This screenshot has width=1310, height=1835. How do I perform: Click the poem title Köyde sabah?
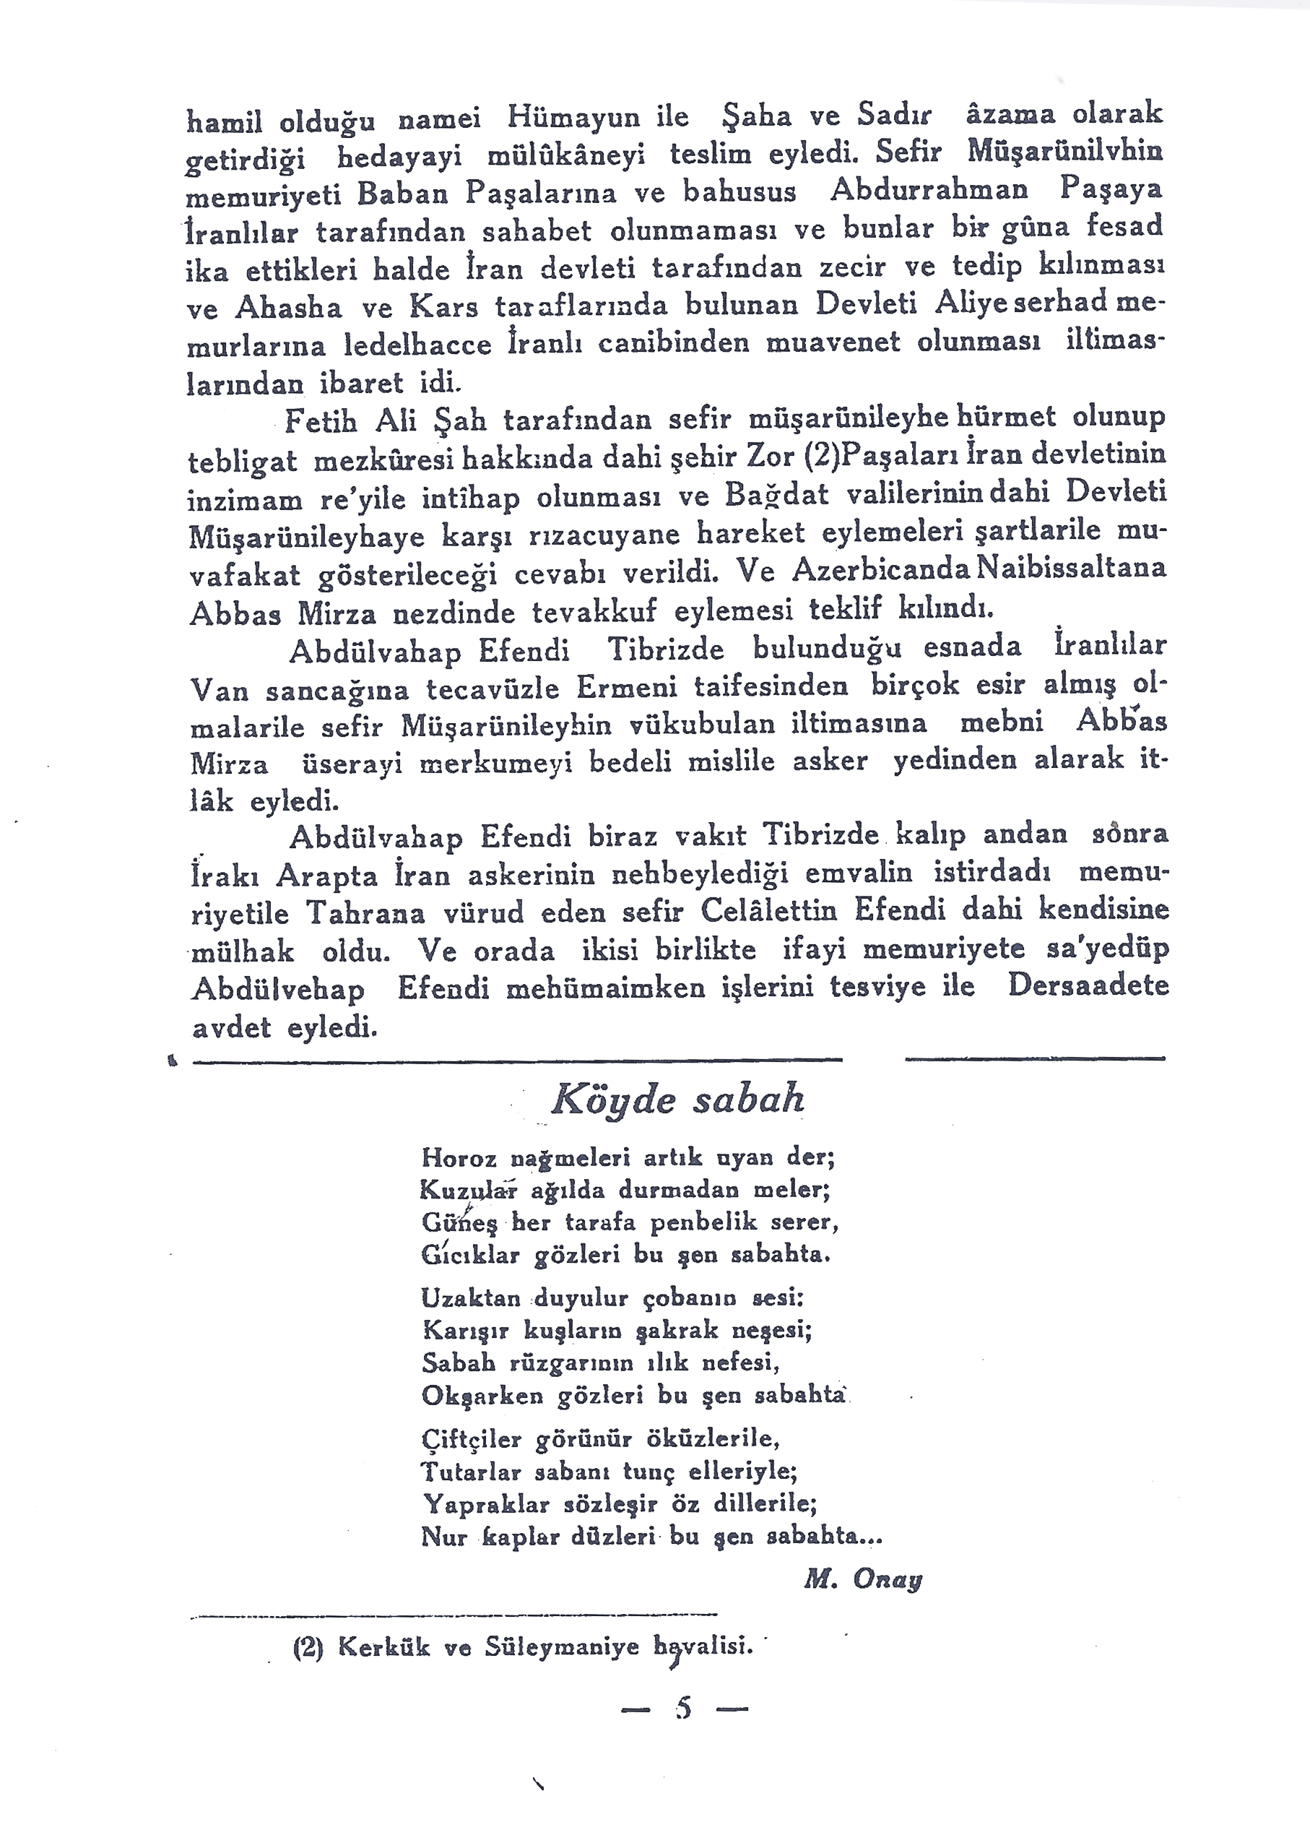click(x=677, y=1100)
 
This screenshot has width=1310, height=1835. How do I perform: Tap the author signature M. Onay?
click(x=862, y=1580)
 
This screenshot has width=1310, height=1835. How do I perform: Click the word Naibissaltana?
click(x=1071, y=568)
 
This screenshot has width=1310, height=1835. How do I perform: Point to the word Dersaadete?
click(x=1088, y=986)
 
